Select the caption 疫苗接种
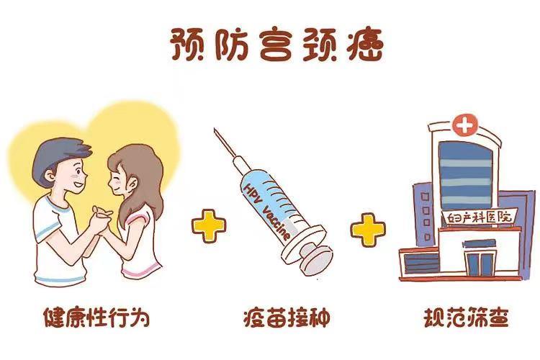tap(269, 318)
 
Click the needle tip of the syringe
tap(215, 131)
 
